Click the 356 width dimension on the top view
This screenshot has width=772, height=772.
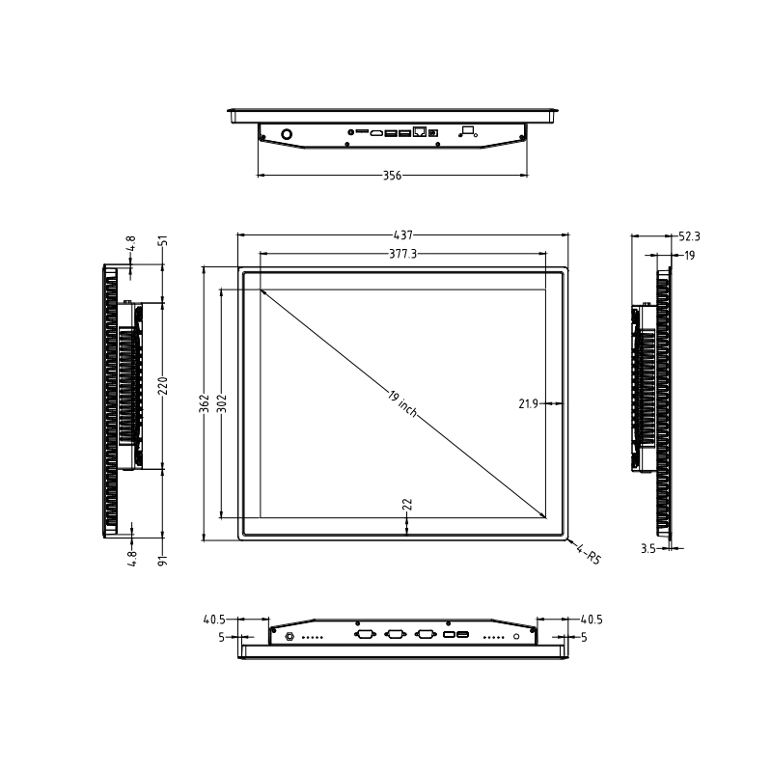(392, 176)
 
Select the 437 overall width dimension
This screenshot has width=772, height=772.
(402, 234)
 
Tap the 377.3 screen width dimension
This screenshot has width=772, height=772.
(402, 255)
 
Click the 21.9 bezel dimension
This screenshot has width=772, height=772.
(528, 404)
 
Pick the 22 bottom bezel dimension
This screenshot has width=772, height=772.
(406, 505)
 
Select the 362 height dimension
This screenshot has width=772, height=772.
(204, 402)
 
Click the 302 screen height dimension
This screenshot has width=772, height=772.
(221, 402)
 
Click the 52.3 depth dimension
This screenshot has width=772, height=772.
(689, 235)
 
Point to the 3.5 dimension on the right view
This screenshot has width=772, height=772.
(648, 548)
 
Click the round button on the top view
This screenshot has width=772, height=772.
(287, 133)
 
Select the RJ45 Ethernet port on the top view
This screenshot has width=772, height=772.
(420, 131)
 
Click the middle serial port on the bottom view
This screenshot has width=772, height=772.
(395, 634)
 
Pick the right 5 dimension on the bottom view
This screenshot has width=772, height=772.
(586, 637)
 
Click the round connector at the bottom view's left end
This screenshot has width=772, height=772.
(289, 635)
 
